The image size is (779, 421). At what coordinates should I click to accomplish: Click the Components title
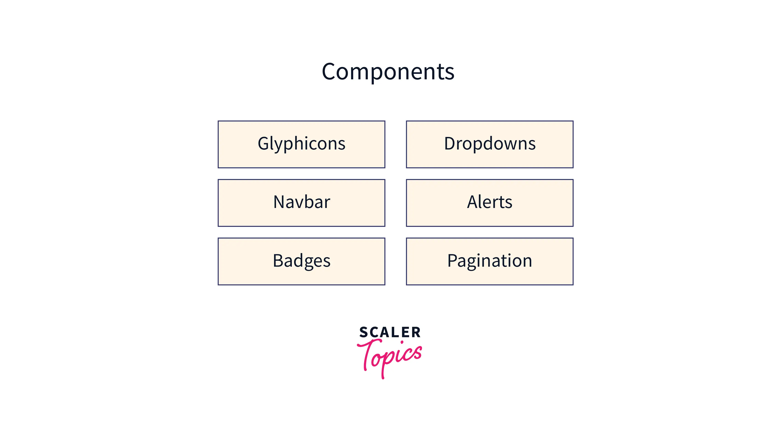(388, 72)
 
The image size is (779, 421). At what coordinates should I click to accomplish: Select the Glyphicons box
(301, 144)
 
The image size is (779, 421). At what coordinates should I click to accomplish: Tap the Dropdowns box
(490, 144)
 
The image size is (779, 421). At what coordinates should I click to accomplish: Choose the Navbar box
(301, 203)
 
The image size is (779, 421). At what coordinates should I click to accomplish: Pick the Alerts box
(490, 203)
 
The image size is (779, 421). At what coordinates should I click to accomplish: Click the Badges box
(301, 261)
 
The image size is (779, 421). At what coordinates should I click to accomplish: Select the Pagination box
(490, 261)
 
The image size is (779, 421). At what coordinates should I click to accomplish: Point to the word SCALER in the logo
(390, 332)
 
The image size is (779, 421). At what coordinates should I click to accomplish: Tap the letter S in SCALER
(364, 332)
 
